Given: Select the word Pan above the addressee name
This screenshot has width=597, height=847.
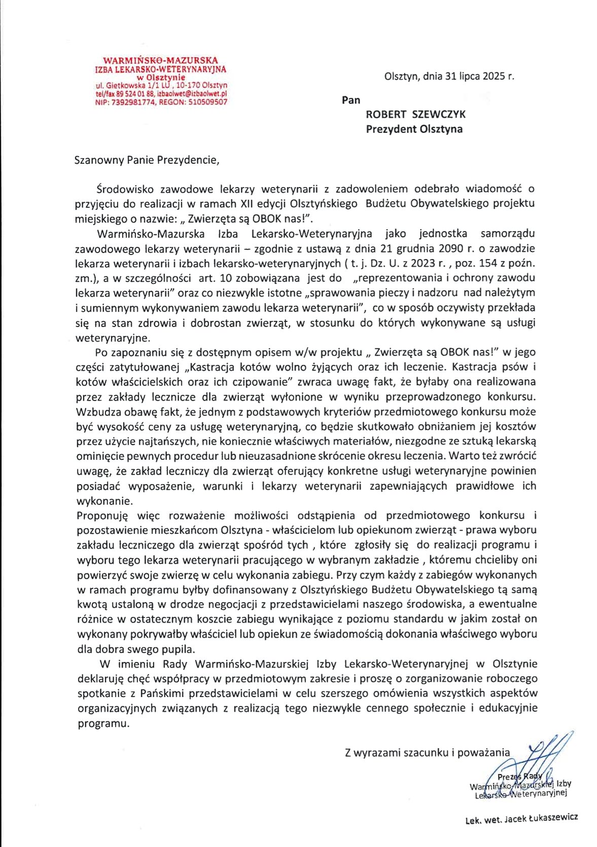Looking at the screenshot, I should [x=351, y=100].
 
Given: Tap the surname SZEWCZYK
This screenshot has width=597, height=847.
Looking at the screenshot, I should [x=439, y=115].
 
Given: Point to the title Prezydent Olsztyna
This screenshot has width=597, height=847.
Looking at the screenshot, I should [x=414, y=129].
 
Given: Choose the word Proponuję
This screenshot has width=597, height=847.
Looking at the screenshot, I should [x=102, y=515].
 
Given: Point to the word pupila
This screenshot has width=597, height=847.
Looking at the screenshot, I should [x=180, y=649].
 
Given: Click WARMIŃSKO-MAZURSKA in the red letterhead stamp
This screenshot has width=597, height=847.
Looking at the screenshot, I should [x=160, y=60].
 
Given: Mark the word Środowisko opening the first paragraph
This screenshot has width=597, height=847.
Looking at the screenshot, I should [x=124, y=189].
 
